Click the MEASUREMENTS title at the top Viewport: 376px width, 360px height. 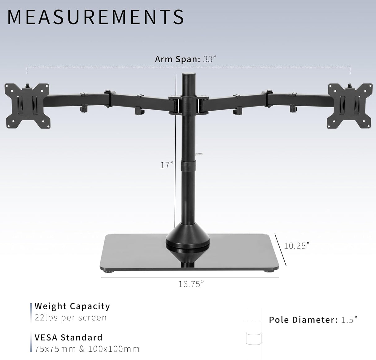pyautogui.click(x=95, y=17)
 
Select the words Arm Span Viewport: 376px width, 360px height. pyautogui.click(x=177, y=59)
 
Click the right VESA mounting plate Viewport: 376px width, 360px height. pyautogui.click(x=350, y=106)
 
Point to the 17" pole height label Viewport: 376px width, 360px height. pyautogui.click(x=167, y=165)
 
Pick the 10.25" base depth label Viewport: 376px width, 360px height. pyautogui.click(x=297, y=246)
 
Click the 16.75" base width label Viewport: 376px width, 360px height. pyautogui.click(x=191, y=284)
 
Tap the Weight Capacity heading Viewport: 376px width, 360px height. pyautogui.click(x=72, y=306)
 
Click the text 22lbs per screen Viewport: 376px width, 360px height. pyautogui.click(x=71, y=318)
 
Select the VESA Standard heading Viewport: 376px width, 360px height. pyautogui.click(x=68, y=337)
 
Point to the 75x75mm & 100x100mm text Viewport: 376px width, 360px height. pyautogui.click(x=87, y=349)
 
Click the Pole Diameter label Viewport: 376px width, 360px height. pyautogui.click(x=303, y=320)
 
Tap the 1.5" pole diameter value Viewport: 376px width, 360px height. pyautogui.click(x=349, y=320)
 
